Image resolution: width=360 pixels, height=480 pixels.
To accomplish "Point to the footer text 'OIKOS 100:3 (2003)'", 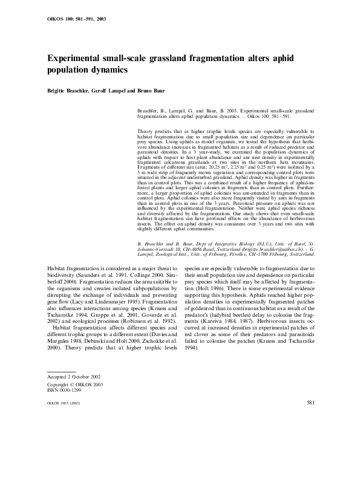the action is [x=64, y=403].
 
